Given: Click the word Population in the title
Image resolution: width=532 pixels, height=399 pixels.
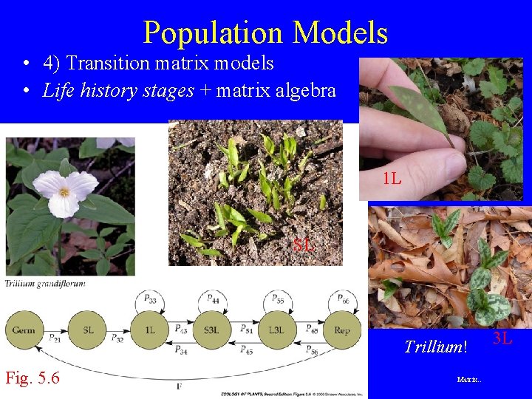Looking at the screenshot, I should [213, 33].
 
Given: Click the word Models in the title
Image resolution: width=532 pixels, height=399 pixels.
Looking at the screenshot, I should [340, 33].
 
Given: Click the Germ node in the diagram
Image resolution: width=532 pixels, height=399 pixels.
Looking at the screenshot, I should [24, 330].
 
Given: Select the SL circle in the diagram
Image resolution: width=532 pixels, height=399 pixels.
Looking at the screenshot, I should [88, 330].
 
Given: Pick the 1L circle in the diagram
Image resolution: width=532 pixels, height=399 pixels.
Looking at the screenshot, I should [150, 330].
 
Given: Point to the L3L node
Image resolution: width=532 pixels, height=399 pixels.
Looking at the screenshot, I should [277, 330].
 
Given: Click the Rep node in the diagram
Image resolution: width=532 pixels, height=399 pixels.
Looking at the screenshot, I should [341, 330].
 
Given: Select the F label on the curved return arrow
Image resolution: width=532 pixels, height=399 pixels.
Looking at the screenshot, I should [180, 386].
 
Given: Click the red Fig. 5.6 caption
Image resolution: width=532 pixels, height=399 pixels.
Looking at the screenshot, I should [33, 379].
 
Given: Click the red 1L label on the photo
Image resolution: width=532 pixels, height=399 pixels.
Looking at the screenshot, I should [392, 178].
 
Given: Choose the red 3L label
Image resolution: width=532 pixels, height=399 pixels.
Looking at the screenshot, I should [502, 339].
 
